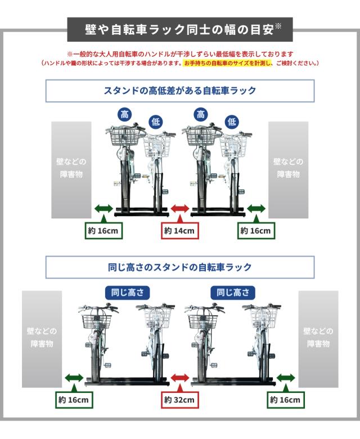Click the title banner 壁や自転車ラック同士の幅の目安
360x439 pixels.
coord(180,29)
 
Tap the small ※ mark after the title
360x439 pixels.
coord(278,26)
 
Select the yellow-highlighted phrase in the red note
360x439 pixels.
coord(227,63)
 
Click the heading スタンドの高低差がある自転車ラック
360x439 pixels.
coord(180,91)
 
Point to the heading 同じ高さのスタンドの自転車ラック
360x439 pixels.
coord(180,267)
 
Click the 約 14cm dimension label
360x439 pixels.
coord(180,231)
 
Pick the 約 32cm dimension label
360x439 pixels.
coord(180,400)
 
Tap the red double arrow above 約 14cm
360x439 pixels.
coord(180,209)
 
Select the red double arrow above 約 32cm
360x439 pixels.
coord(180,378)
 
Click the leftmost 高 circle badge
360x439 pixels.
coord(125,114)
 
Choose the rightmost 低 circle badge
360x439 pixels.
coord(232,122)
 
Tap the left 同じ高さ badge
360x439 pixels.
coord(128,293)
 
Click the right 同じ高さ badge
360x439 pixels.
coord(233,293)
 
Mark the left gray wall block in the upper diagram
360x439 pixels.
coord(71,170)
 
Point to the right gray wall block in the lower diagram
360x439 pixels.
coord(318,339)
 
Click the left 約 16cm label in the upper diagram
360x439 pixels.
coord(103,231)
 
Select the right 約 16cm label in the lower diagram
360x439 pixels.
coord(286,400)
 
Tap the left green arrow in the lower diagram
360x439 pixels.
coord(74,378)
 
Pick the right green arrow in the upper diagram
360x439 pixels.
coord(256,209)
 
